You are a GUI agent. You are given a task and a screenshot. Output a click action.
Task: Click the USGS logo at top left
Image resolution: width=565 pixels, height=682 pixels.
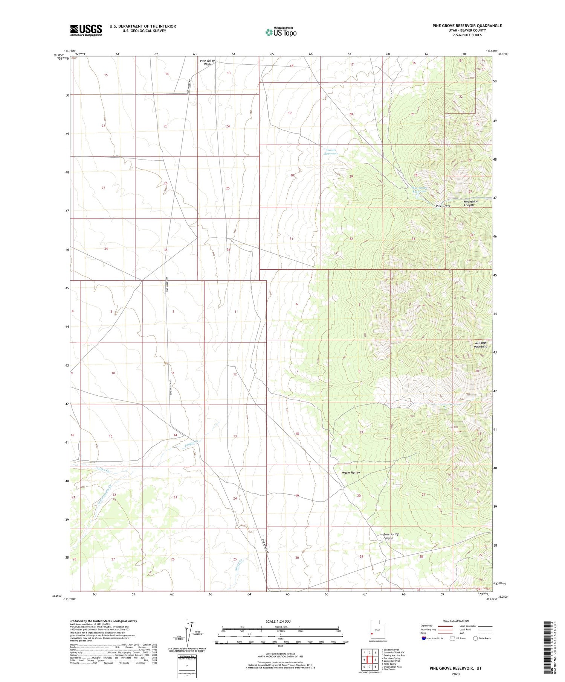coord(86,30)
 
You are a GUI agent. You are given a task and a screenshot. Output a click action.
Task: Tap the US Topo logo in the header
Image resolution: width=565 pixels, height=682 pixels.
coord(281,32)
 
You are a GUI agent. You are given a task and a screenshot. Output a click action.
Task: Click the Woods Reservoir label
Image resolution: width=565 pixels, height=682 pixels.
coord(331,152)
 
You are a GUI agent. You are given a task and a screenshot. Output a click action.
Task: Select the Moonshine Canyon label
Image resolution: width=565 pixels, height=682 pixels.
coord(471,203)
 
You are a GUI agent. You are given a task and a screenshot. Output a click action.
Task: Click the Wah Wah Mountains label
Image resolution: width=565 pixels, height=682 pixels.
coord(481,345)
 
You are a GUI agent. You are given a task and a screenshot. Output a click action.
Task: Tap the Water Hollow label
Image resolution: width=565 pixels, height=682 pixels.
coord(351,472)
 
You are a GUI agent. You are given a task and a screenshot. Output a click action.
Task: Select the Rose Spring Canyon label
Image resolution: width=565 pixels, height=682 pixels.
coord(391,536)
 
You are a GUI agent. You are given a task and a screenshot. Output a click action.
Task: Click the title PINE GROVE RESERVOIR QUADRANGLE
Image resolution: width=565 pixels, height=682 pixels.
coord(467,26)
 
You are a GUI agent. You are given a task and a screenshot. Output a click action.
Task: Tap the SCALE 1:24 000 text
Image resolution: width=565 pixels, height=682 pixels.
coord(278,621)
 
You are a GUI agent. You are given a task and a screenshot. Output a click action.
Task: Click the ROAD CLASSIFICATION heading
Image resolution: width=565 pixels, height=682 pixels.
coord(456,621)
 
